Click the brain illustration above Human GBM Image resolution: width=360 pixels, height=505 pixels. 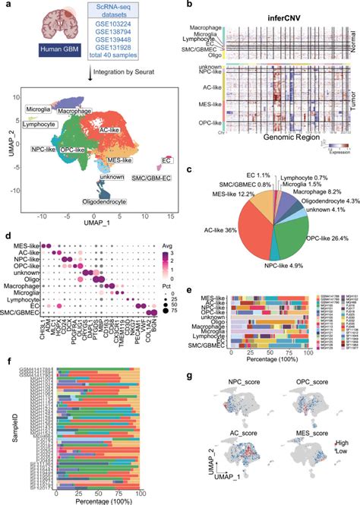(x=47, y=21)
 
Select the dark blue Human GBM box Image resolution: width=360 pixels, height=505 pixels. (x=47, y=52)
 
